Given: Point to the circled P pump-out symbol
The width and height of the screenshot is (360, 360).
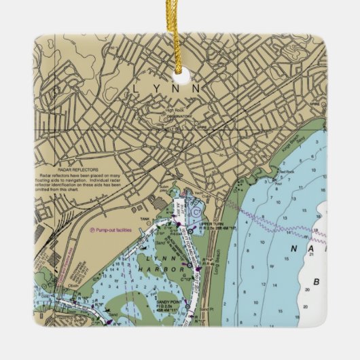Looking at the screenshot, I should coord(92,230).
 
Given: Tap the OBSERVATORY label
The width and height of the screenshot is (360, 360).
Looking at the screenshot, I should coord(179,114).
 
